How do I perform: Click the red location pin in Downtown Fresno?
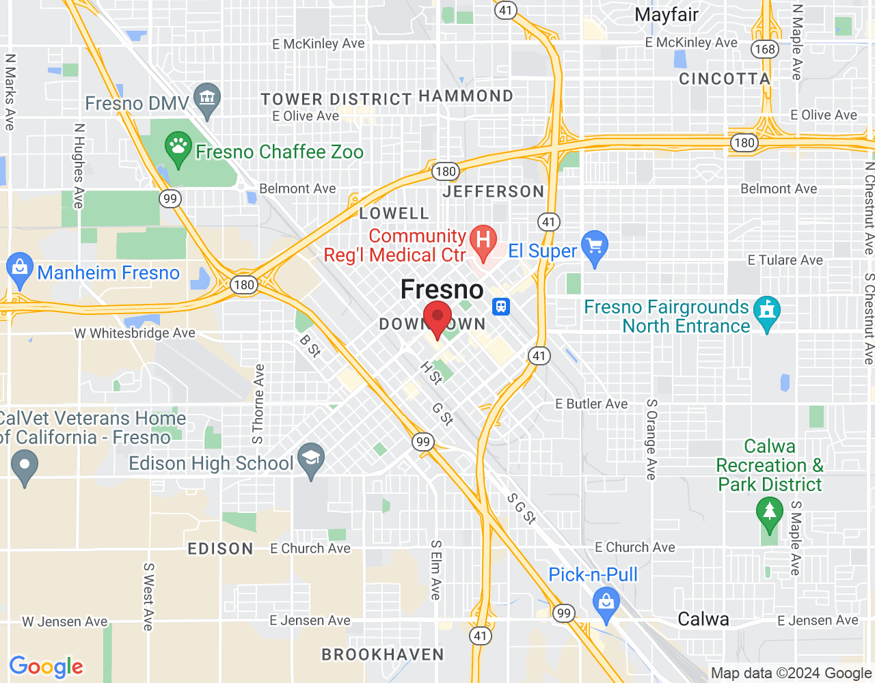coord(437,318)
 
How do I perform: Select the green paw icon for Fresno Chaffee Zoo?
coord(178,148)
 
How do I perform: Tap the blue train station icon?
coord(502,306)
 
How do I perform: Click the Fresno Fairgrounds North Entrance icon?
coord(766,311)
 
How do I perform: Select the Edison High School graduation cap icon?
coord(311,459)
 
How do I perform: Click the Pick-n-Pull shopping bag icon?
coord(606,603)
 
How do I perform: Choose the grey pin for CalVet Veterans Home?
coord(25,468)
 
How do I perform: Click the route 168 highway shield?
coord(764,49)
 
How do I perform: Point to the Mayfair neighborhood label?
coord(666,15)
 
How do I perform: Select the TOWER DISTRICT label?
coord(336,99)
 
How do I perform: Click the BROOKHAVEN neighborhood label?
coord(383,654)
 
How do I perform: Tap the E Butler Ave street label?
coord(591,404)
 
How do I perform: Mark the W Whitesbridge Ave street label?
coord(135,333)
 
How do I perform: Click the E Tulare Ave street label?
coord(785,260)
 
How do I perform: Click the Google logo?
coord(46,667)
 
